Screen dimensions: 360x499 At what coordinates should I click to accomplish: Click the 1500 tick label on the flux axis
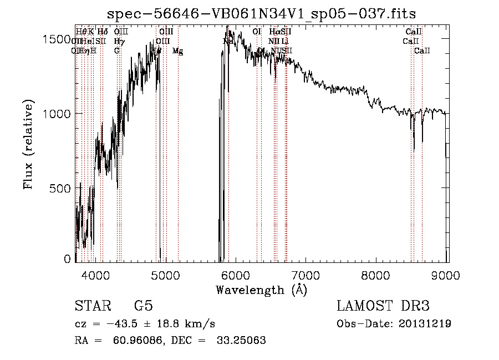(58, 39)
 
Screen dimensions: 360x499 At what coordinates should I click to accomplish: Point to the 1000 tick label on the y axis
(58, 113)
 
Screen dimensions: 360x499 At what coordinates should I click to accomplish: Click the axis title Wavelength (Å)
(261, 290)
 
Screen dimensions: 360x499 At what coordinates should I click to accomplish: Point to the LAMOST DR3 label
(383, 306)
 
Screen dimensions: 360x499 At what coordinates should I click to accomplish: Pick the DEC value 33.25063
(242, 341)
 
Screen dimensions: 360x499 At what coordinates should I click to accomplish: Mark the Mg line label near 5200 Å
(177, 51)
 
